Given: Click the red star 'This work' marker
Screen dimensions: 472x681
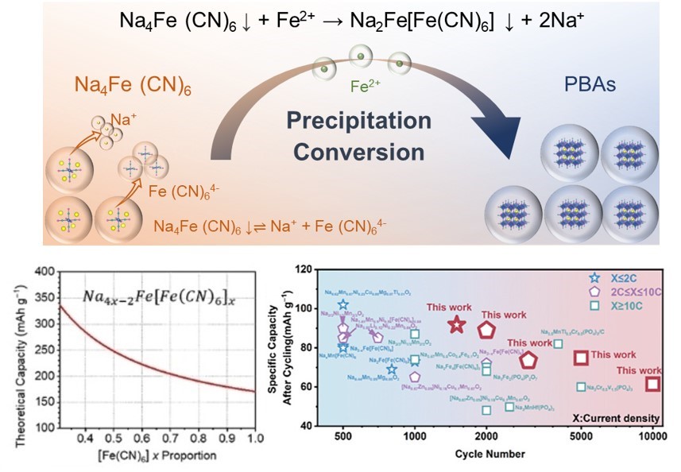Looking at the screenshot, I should (455, 325).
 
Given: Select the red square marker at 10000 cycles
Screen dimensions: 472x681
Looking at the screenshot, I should (652, 385).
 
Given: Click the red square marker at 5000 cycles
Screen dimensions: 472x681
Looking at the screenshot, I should (582, 358).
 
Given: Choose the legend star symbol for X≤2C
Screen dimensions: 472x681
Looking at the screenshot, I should (594, 279).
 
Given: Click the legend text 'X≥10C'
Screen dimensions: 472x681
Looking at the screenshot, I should (628, 304).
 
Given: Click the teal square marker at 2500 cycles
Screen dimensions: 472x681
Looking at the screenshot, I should (509, 407).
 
